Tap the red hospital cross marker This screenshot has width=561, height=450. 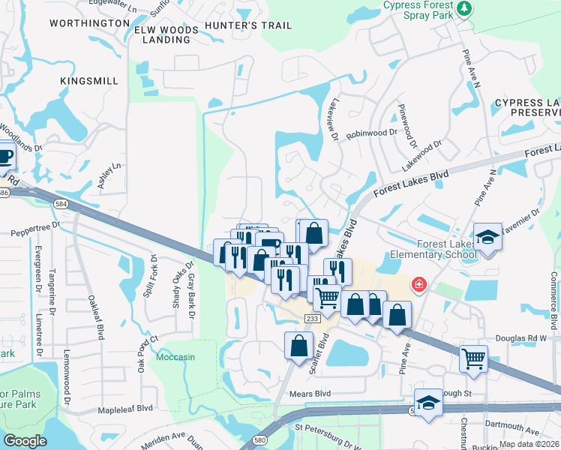point(418,285)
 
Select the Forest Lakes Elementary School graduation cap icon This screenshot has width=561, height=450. point(487,238)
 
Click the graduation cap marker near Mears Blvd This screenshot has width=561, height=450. point(428,401)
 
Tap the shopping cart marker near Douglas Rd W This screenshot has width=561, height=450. point(473,358)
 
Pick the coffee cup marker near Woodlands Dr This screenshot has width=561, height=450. point(4,156)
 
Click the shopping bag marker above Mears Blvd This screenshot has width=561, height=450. point(298,345)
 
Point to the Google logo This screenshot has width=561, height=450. point(25,441)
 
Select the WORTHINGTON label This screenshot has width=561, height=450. point(89,23)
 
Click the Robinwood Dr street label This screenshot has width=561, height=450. point(373,133)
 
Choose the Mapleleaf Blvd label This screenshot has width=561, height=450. point(124,409)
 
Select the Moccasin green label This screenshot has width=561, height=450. point(175,357)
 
